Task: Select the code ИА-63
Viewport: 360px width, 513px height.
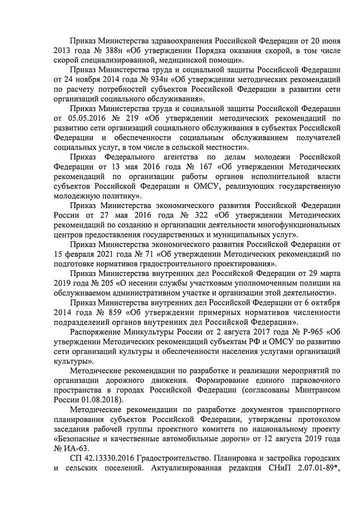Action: coord(75,455)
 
